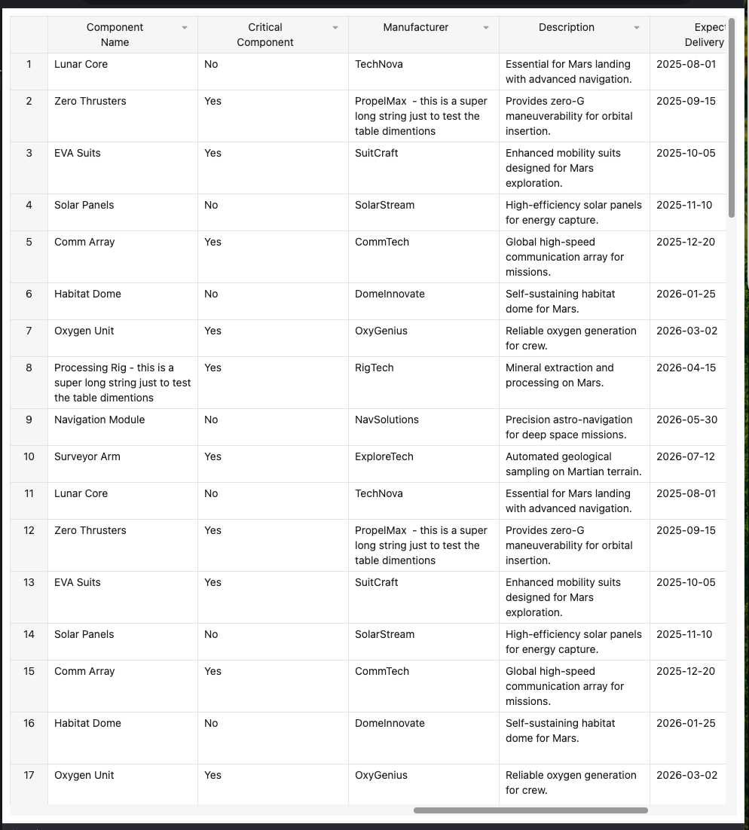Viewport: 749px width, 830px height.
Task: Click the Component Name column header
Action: (x=115, y=35)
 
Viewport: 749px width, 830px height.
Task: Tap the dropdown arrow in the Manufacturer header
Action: (x=486, y=28)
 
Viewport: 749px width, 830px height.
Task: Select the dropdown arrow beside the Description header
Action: (x=637, y=28)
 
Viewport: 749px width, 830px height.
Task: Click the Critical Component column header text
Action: (x=265, y=35)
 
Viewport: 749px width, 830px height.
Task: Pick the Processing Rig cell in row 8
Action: (x=122, y=383)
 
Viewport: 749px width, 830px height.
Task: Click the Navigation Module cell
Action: (x=99, y=420)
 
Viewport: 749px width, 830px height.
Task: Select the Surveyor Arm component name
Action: (x=87, y=456)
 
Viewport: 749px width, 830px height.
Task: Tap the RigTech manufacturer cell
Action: (x=374, y=368)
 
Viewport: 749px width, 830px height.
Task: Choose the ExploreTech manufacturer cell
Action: (x=384, y=456)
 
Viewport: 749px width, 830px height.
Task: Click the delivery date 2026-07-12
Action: (x=686, y=456)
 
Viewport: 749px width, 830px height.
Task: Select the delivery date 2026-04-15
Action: (x=686, y=368)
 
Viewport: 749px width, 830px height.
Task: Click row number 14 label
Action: (x=29, y=634)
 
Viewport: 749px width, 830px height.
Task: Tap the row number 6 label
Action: (x=29, y=294)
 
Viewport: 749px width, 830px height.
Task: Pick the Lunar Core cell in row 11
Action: (x=81, y=493)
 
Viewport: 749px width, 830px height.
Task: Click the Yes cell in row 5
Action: (x=213, y=242)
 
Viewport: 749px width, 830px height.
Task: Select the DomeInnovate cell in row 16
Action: (x=390, y=723)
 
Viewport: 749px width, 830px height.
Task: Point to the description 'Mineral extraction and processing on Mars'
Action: (x=560, y=375)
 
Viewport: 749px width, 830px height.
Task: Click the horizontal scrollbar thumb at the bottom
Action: (x=530, y=810)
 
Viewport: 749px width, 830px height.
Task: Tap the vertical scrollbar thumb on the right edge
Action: (x=731, y=117)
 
